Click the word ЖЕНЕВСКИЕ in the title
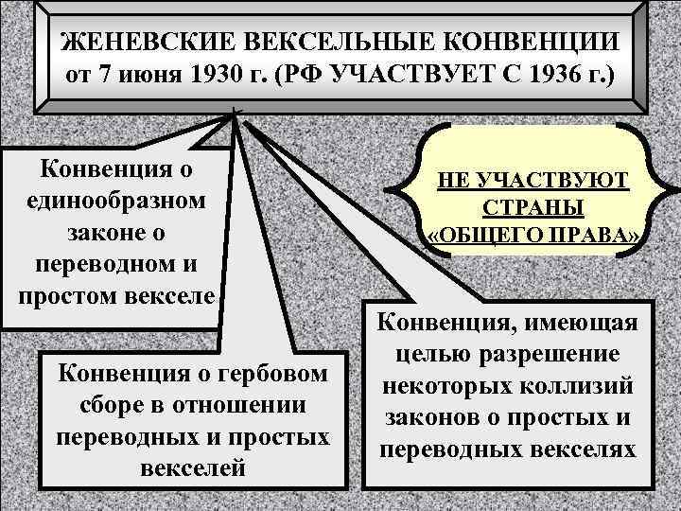(x=137, y=44)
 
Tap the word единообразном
(x=117, y=202)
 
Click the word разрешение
(x=557, y=356)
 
